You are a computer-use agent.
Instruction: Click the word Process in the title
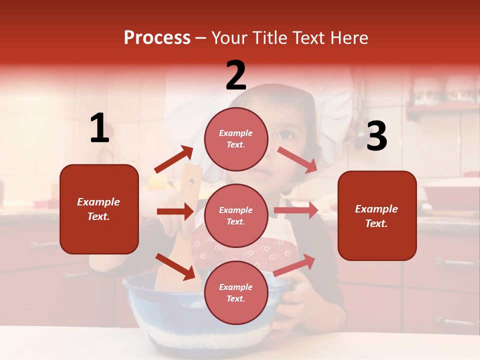[x=157, y=38]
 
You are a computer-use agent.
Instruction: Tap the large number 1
[x=99, y=128]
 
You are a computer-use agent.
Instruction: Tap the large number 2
[x=236, y=75]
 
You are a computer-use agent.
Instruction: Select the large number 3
[x=376, y=136]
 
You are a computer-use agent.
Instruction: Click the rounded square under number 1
[x=99, y=209]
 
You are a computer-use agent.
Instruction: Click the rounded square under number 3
[x=377, y=215]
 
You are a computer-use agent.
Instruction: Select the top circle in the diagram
[x=236, y=139]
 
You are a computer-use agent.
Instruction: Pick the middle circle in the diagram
[x=236, y=215]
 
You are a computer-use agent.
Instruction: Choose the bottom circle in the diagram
[x=236, y=292]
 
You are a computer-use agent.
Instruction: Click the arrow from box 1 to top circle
[x=173, y=159]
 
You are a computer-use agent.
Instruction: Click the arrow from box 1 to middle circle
[x=175, y=211]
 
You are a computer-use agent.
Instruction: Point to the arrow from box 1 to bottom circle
[x=175, y=266]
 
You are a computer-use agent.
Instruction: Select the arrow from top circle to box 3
[x=297, y=160]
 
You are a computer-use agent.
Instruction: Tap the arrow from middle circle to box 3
[x=296, y=210]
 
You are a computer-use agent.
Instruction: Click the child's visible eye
[x=285, y=134]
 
